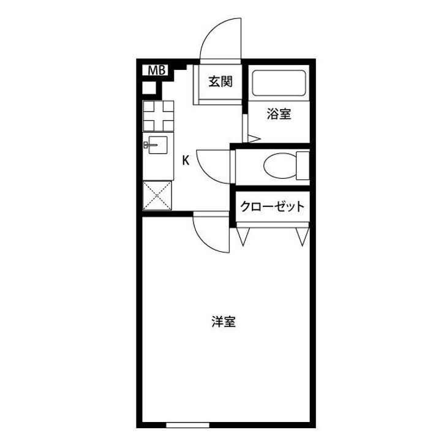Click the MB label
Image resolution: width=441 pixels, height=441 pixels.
click(x=156, y=70)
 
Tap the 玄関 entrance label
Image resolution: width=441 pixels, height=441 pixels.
click(x=219, y=81)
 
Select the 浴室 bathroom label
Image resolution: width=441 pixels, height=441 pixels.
click(x=278, y=114)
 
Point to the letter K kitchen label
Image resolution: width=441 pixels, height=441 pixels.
click(x=185, y=160)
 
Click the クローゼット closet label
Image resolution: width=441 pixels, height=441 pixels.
click(x=271, y=206)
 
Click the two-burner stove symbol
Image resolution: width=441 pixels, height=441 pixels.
click(x=158, y=115)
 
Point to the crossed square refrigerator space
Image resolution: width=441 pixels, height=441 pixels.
click(x=157, y=196)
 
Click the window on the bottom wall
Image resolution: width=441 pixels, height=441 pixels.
click(x=189, y=424)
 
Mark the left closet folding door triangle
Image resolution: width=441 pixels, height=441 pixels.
click(x=243, y=236)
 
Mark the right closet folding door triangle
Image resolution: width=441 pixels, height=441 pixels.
click(x=301, y=236)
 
